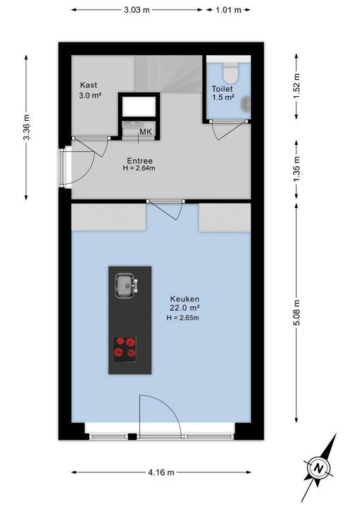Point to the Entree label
click(139, 160)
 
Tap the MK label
click(146, 132)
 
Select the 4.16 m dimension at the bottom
click(162, 472)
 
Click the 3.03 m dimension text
click(137, 10)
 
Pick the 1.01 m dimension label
click(228, 10)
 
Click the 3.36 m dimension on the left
click(26, 127)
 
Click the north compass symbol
click(319, 467)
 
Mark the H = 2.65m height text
click(183, 318)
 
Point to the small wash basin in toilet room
click(245, 105)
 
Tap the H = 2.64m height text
click(139, 168)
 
